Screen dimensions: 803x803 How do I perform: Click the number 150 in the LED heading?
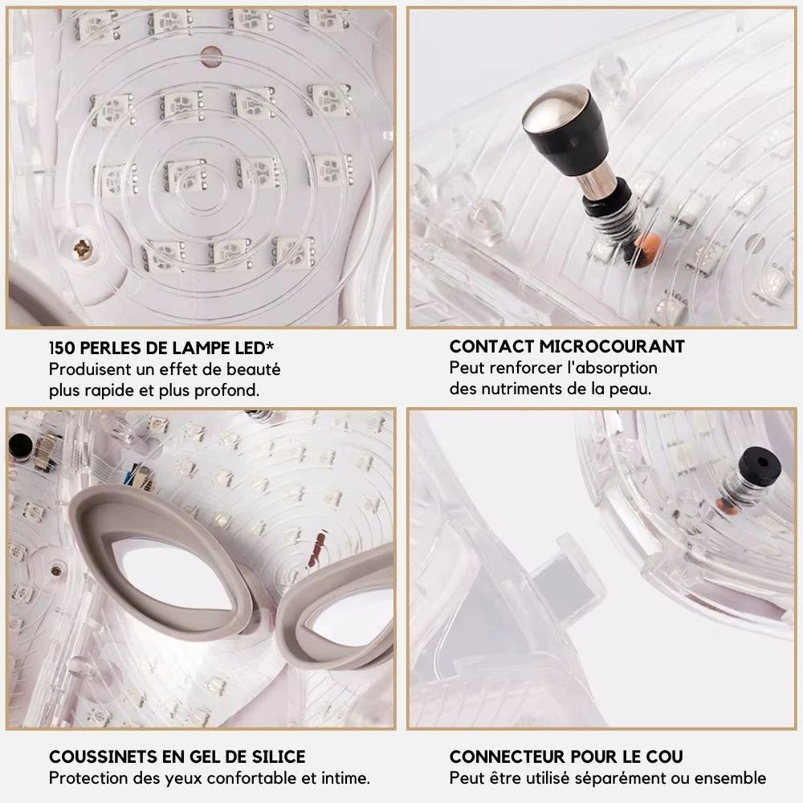[x=62, y=349]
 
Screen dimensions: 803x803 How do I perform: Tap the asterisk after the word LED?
[x=270, y=345]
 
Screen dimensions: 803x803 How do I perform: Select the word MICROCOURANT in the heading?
[x=612, y=347]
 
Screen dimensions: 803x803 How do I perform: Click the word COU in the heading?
[x=664, y=757]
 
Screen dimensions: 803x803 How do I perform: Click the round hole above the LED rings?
[x=211, y=56]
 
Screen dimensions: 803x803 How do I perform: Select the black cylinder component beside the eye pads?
[x=20, y=446]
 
